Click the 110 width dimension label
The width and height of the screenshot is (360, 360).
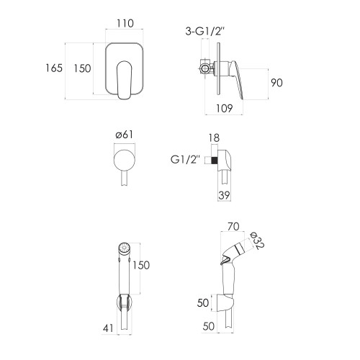click(125, 23)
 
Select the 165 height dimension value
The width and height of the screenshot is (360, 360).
click(54, 68)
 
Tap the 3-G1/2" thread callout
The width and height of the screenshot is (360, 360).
click(204, 32)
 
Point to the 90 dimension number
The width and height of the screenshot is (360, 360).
click(276, 83)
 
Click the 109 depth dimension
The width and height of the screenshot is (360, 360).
click(225, 109)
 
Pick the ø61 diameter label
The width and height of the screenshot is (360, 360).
click(125, 135)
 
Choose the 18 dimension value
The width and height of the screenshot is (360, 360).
click(214, 138)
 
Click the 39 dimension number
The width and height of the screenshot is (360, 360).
click(224, 195)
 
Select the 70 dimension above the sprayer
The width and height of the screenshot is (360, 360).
click(233, 227)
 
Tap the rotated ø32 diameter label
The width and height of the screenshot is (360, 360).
click(257, 241)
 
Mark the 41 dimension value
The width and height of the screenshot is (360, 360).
click(108, 328)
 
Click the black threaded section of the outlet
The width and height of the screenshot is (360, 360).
click(214, 160)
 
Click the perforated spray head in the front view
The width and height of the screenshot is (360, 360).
click(124, 248)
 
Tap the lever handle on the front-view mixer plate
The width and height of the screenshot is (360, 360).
click(125, 80)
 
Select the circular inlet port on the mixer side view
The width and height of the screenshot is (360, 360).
click(204, 69)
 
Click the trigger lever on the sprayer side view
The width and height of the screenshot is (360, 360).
click(224, 260)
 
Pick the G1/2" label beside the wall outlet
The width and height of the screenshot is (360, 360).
click(185, 160)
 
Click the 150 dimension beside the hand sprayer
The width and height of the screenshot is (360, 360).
click(141, 265)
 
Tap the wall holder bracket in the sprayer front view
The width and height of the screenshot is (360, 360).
click(124, 303)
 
